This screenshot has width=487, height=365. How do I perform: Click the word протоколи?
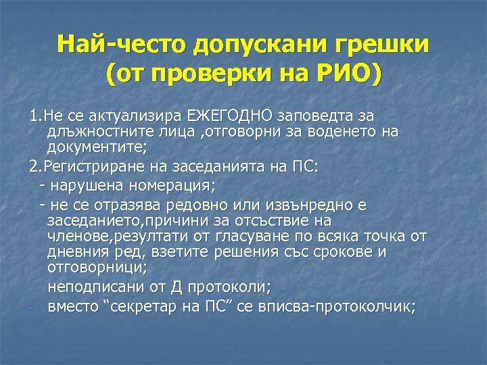(x=233, y=287)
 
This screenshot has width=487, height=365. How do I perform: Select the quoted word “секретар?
(x=140, y=306)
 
